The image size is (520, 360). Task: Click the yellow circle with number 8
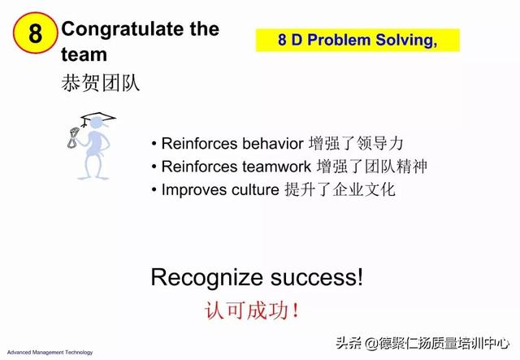[35, 33]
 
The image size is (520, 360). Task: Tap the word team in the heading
[84, 54]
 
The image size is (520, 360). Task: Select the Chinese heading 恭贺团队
[100, 83]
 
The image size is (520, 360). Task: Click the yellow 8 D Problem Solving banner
[357, 40]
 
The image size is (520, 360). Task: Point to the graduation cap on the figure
[98, 118]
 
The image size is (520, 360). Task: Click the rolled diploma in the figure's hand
[73, 137]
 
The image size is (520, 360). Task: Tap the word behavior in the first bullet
[273, 144]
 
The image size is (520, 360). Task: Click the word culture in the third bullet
[255, 190]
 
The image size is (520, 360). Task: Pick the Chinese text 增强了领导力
[356, 144]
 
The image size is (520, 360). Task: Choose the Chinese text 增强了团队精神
[372, 167]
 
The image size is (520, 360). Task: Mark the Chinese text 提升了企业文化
[340, 190]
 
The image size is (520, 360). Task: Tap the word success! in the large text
[317, 278]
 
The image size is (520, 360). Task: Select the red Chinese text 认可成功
[251, 311]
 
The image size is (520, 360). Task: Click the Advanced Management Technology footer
[50, 353]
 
